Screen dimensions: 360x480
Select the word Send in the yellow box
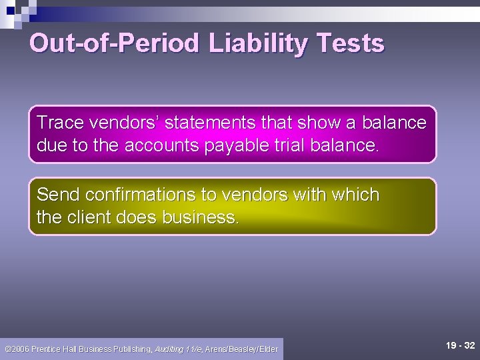55,195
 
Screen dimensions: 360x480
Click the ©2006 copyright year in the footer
17,349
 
